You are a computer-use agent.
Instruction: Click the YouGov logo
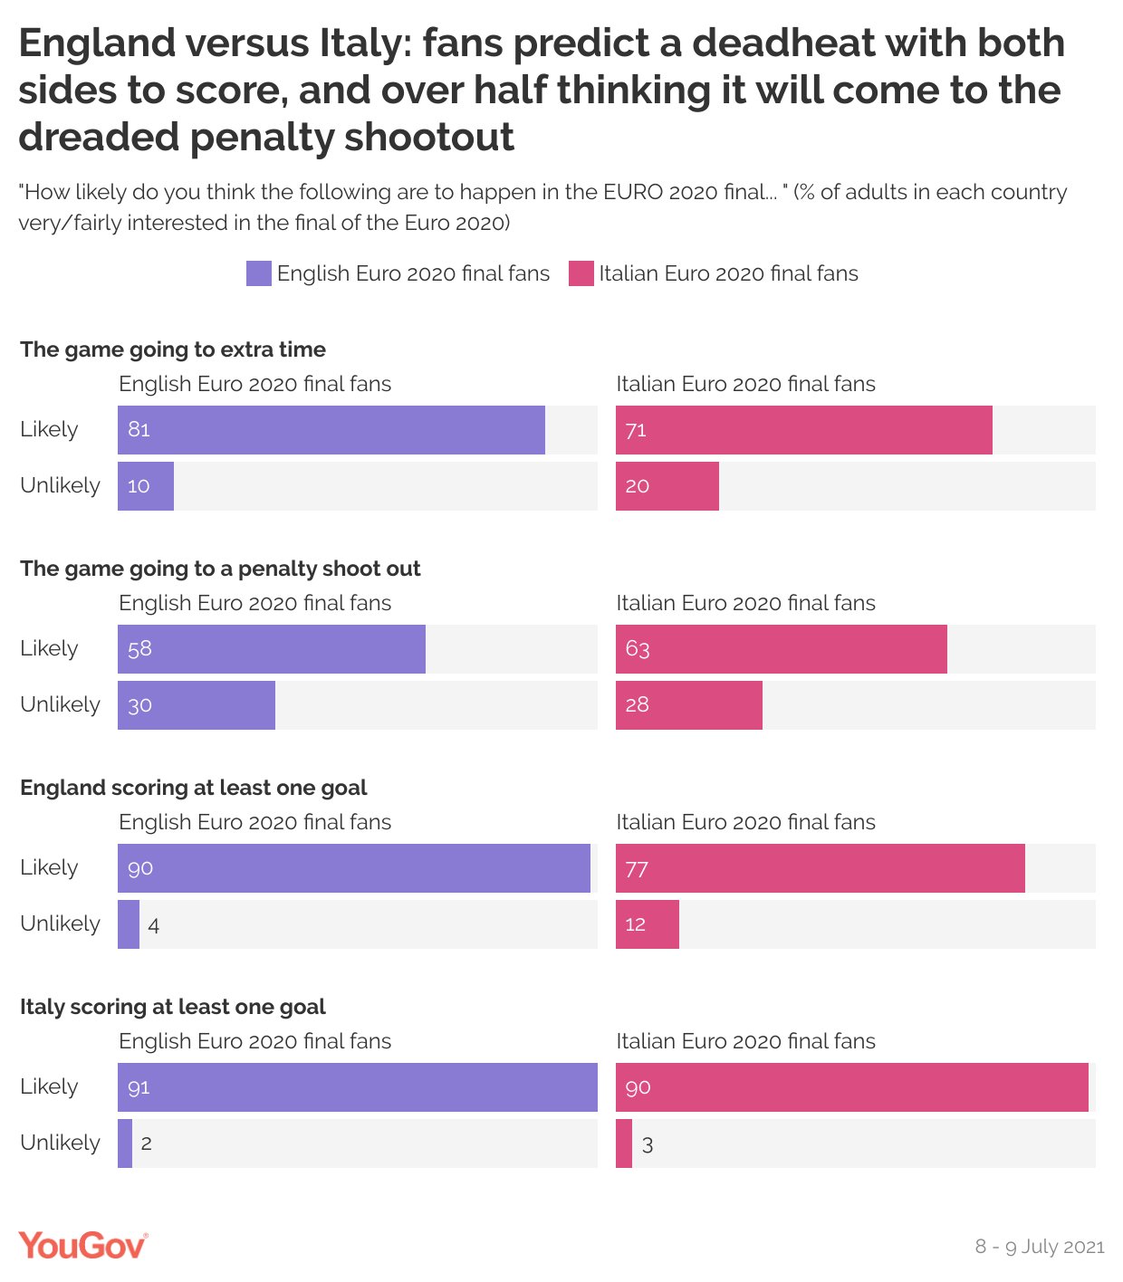[x=82, y=1245]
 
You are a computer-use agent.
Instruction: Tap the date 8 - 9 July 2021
[x=1039, y=1247]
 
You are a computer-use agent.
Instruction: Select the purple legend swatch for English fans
[x=258, y=273]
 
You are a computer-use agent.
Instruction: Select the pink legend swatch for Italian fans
[x=581, y=273]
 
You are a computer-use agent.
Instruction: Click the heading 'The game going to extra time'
[x=173, y=349]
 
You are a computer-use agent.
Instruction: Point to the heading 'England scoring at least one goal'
[x=194, y=788]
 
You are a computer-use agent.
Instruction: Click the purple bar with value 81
[x=331, y=430]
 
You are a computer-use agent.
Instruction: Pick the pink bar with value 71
[x=804, y=430]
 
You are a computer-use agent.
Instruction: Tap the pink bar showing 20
[x=667, y=486]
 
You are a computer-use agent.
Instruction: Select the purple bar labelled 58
[x=272, y=649]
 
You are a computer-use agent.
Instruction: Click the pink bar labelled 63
[x=782, y=649]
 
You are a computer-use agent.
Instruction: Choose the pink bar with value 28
[x=689, y=705]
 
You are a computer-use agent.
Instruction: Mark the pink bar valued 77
[x=821, y=868]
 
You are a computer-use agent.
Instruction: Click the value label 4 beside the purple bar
[x=154, y=925]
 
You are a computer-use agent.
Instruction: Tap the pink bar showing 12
[x=648, y=924]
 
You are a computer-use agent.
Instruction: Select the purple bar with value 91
[x=358, y=1087]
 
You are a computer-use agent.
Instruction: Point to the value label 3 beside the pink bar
[x=648, y=1144]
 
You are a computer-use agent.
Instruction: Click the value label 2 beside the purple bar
[x=147, y=1143]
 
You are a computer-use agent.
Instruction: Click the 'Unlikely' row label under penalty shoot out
[x=60, y=704]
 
